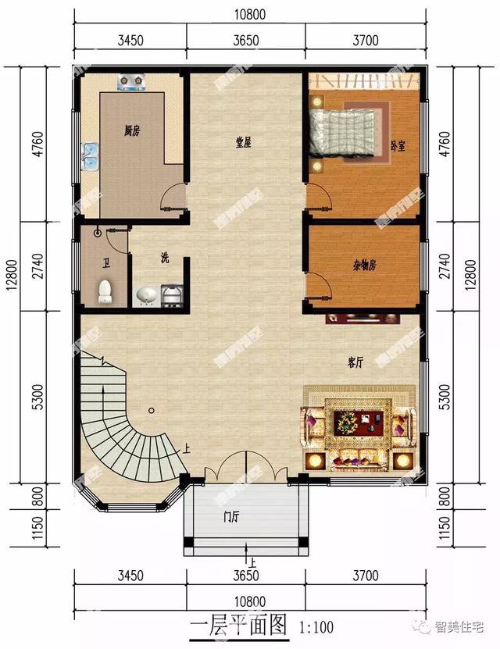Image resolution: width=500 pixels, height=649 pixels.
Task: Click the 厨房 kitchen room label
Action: [x=131, y=131]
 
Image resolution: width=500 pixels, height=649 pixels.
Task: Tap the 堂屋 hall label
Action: [x=243, y=142]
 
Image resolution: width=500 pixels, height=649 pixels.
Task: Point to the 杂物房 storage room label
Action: [x=359, y=265]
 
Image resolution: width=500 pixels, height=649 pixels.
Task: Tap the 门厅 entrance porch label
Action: [x=230, y=516]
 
